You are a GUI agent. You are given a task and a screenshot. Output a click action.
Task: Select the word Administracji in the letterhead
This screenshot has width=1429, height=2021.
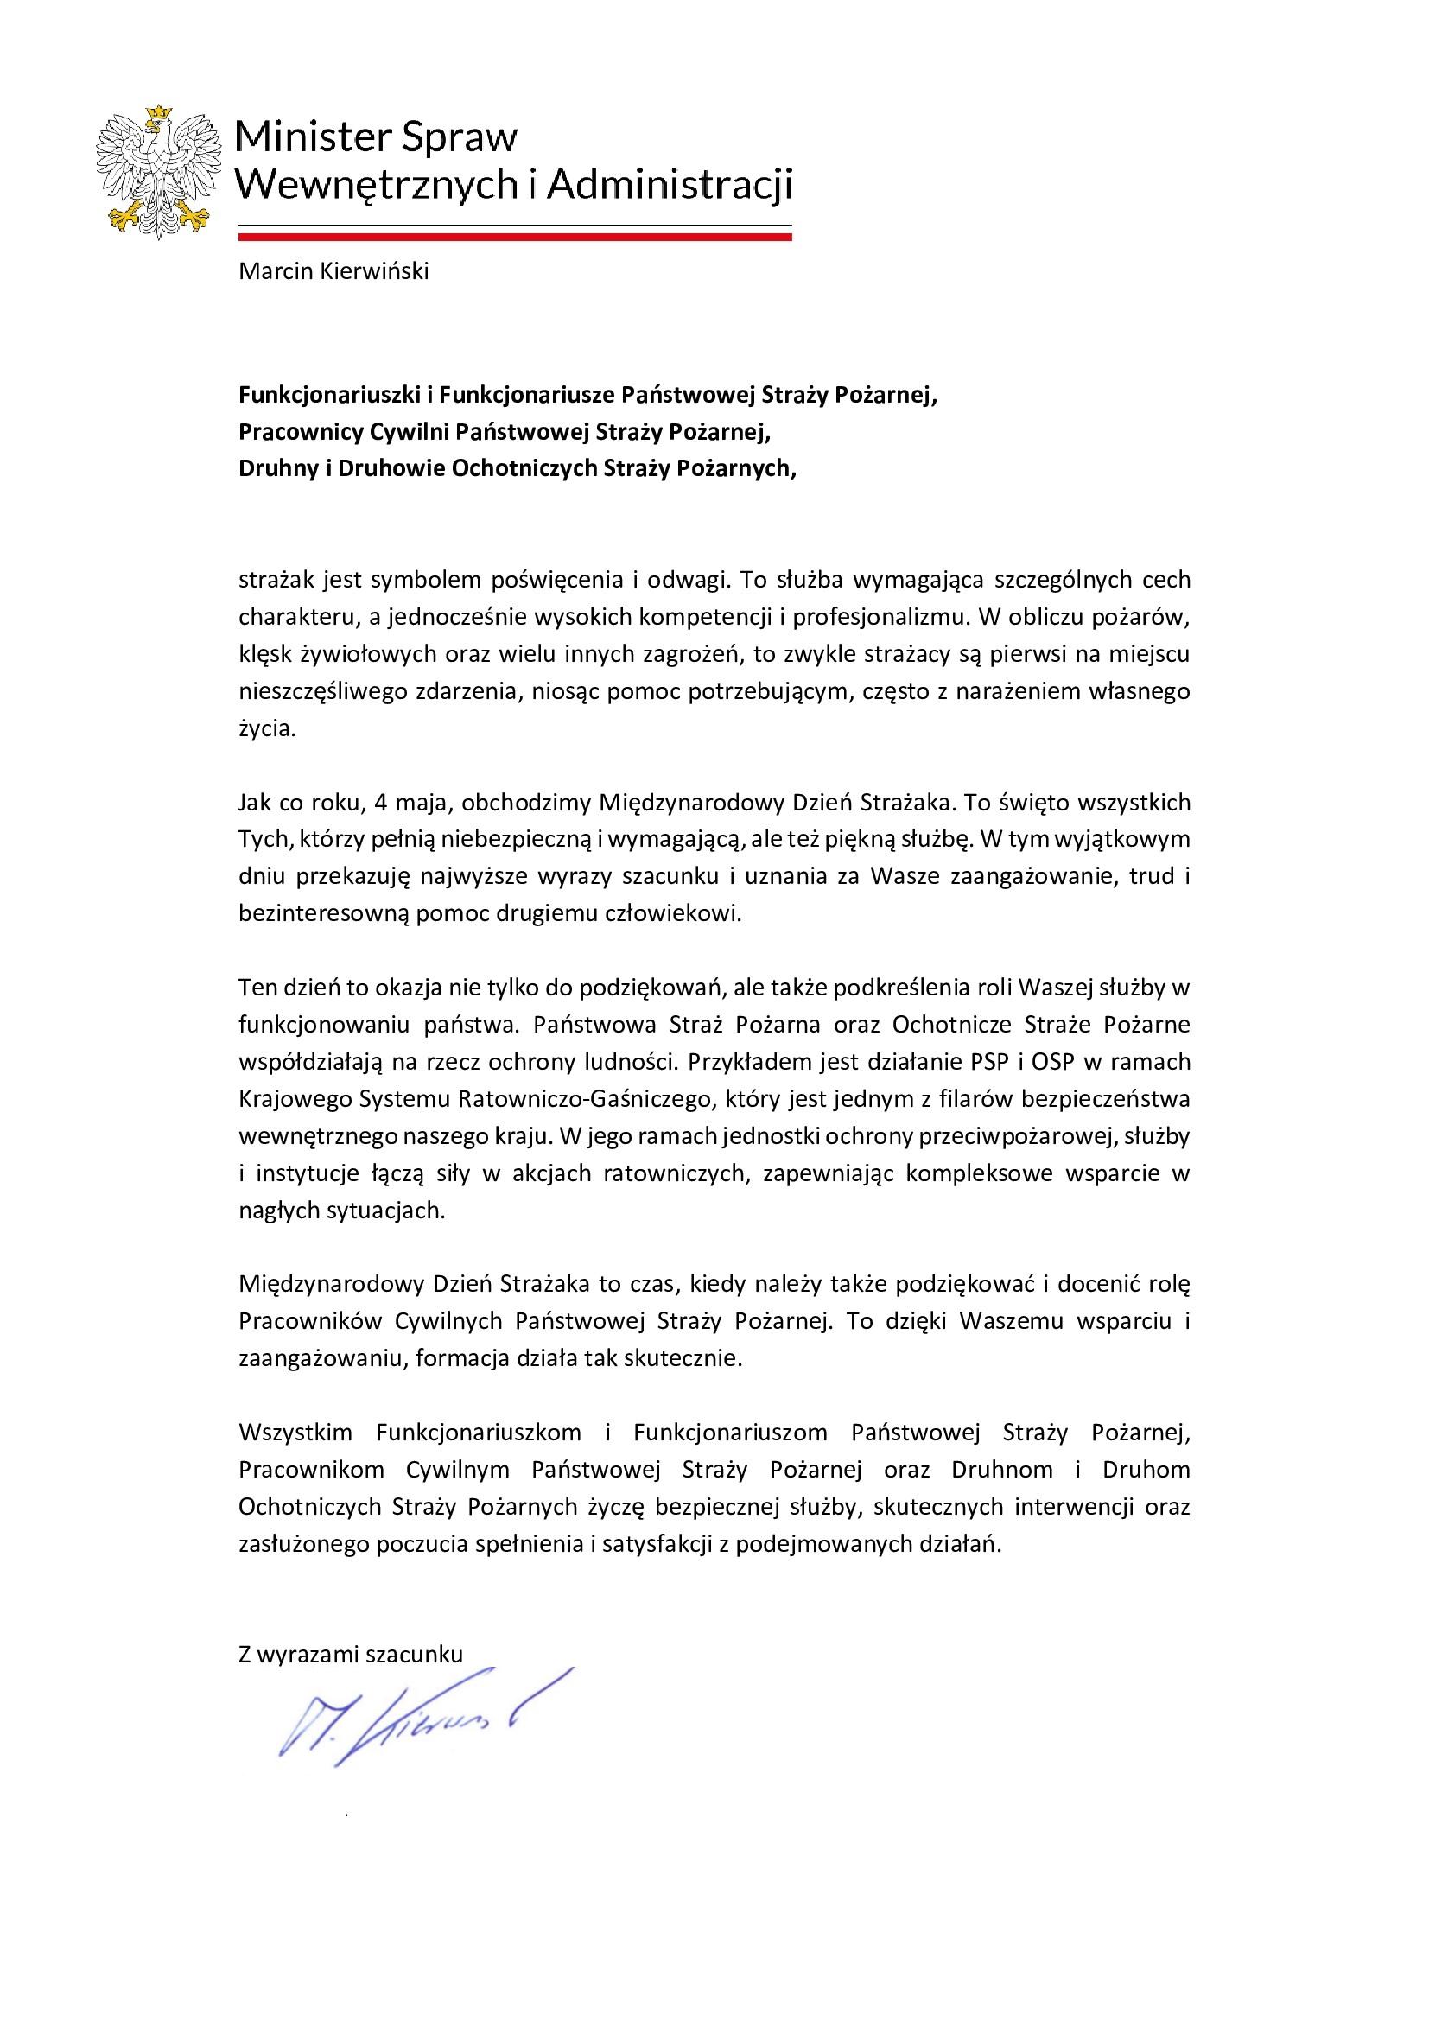(682, 186)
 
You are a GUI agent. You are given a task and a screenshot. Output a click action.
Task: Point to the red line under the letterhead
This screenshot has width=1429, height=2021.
(515, 237)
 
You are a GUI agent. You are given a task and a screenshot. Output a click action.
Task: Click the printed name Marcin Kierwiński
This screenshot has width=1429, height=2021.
(333, 272)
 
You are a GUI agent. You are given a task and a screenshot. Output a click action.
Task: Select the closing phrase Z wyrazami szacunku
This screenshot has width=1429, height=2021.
(350, 1655)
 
